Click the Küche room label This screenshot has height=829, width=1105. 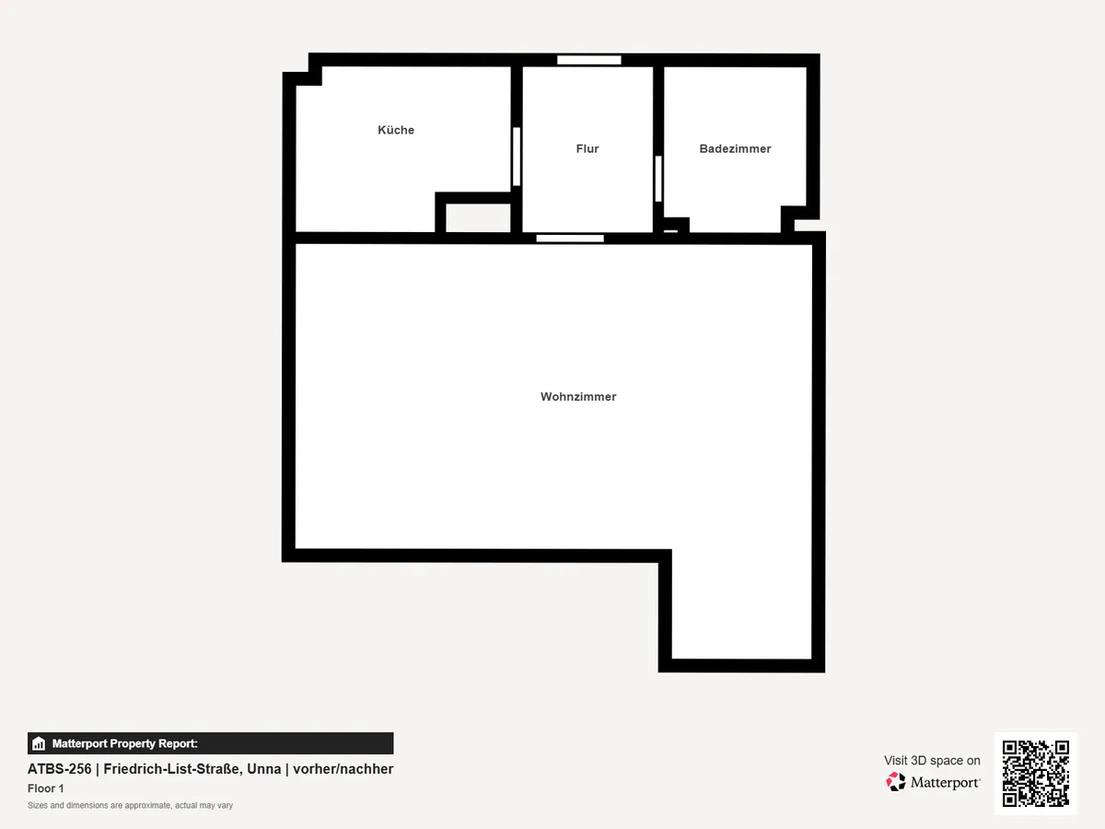(x=396, y=130)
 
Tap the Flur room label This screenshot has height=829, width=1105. (x=587, y=148)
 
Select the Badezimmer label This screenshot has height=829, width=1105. (x=735, y=148)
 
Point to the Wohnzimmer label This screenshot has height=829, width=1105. (x=578, y=397)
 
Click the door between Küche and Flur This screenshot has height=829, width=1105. (x=516, y=157)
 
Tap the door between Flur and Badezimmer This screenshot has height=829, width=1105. (x=658, y=180)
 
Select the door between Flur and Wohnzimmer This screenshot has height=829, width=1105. (x=570, y=238)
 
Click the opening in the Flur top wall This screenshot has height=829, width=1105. (x=589, y=61)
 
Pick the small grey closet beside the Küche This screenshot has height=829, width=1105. (x=478, y=218)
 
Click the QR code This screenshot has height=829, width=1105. (x=1036, y=773)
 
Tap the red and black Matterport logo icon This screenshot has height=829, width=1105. (x=896, y=782)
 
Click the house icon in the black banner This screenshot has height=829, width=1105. (x=39, y=743)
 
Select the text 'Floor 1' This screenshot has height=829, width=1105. (x=46, y=788)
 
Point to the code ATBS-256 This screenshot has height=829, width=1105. (x=60, y=769)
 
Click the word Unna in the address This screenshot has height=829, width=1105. (x=263, y=769)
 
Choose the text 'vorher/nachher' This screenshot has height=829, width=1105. (x=343, y=769)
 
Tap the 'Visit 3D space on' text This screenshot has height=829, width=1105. (x=932, y=761)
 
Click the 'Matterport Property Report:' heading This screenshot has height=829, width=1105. (x=125, y=743)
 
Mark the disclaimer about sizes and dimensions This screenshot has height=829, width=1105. (x=131, y=805)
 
